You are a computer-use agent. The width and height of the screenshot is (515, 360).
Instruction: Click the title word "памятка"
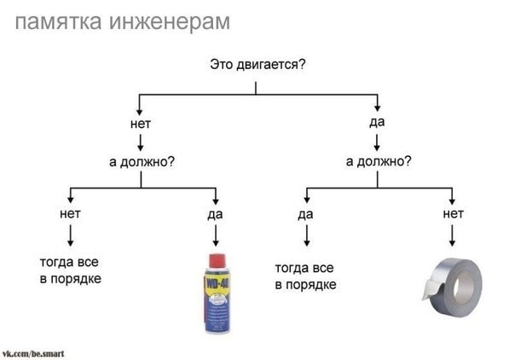(59, 22)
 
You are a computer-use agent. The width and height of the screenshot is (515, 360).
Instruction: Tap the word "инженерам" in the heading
(170, 22)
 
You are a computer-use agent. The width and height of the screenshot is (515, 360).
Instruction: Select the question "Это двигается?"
(257, 65)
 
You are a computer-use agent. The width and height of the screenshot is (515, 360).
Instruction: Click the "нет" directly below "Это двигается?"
(140, 124)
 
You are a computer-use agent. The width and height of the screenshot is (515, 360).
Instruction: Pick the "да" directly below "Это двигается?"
(377, 122)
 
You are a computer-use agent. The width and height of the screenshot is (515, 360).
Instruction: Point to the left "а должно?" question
(142, 161)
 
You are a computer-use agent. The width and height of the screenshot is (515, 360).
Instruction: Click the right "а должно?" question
(379, 161)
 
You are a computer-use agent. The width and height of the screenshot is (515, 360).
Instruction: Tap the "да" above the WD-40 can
(215, 214)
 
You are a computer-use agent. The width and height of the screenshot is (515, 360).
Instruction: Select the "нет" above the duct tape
(454, 214)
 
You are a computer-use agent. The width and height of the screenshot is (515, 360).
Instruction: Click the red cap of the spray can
(217, 260)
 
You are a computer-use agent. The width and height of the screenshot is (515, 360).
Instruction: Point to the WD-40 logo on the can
(217, 283)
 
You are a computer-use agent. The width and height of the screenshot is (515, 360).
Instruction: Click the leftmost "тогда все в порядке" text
(70, 270)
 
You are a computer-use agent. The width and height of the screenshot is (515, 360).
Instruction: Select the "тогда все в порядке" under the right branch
(305, 276)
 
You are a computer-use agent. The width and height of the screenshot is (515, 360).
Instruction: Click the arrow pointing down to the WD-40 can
(216, 235)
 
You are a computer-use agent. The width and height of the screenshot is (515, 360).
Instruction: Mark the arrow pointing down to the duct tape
(452, 235)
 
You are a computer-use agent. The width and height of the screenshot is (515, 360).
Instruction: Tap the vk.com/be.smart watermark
(33, 354)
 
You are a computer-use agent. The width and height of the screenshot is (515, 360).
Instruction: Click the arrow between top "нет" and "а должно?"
(140, 142)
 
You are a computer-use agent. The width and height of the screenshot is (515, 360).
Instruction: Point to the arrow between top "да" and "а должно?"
(377, 142)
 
